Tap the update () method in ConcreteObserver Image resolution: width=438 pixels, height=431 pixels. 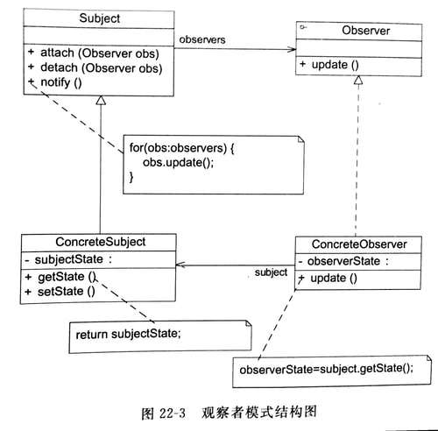(x=333, y=279)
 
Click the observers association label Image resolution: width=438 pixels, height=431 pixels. (x=203, y=40)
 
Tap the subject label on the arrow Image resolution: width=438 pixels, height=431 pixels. (x=271, y=272)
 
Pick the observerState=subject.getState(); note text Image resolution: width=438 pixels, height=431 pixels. (x=325, y=369)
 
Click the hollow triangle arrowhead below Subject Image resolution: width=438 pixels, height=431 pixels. (x=101, y=102)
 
